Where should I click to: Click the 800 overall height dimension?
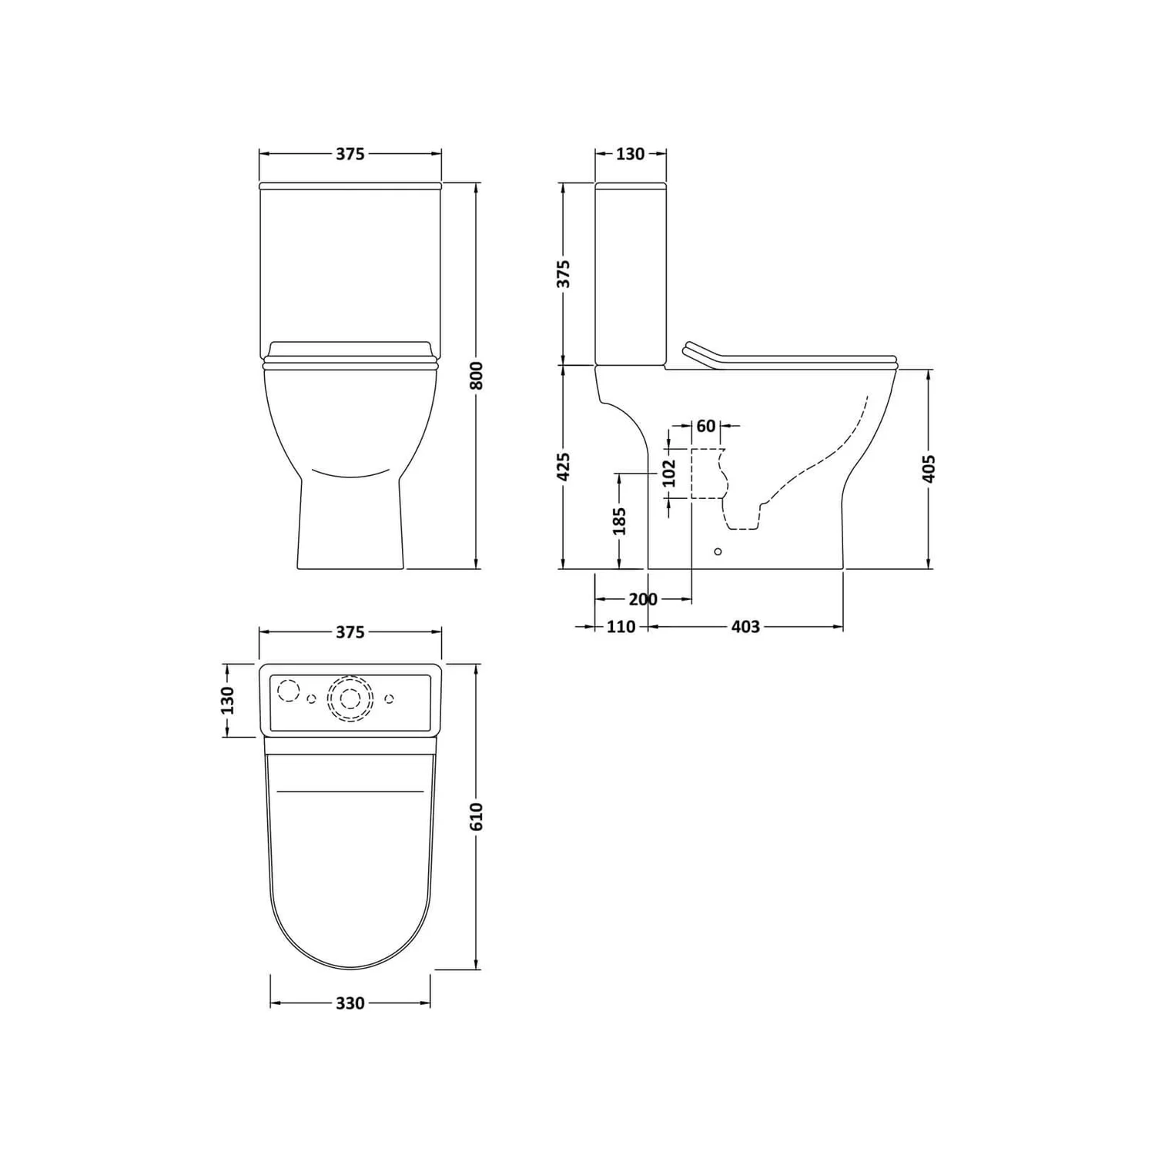[477, 375]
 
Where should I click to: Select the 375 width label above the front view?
[350, 154]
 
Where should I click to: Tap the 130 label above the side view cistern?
[630, 154]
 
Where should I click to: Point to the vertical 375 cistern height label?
[564, 274]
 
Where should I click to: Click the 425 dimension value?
[564, 467]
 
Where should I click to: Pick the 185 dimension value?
[619, 521]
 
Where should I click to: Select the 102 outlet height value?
[668, 473]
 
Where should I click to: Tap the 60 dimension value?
[705, 426]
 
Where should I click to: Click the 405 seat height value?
[929, 469]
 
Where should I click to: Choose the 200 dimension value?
[643, 599]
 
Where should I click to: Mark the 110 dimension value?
[621, 627]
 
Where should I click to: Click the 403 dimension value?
[745, 627]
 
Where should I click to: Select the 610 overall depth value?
[477, 815]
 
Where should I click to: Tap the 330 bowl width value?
[350, 1003]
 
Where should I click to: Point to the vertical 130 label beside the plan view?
[228, 700]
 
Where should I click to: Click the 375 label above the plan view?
[350, 632]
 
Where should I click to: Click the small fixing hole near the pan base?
[718, 551]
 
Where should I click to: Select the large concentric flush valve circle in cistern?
[350, 698]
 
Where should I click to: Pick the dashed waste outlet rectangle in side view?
[707, 473]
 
